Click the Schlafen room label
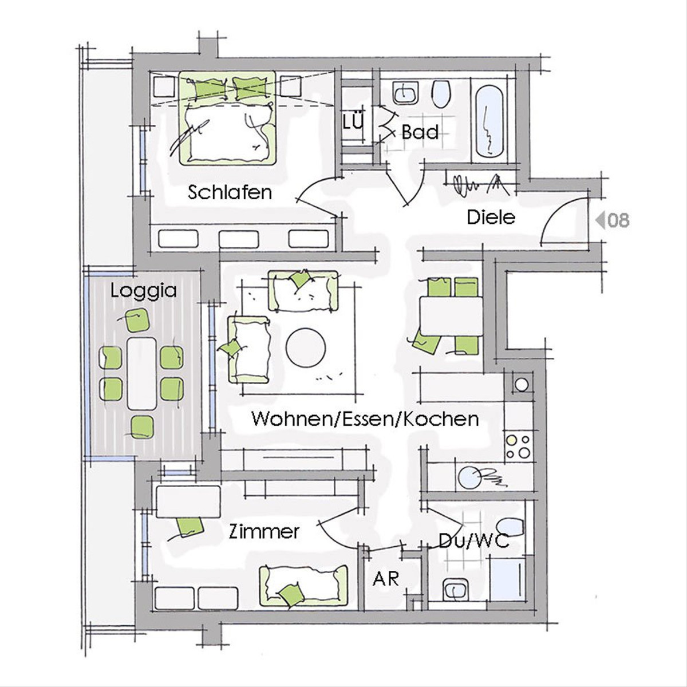[230, 193]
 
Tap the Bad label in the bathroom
[420, 132]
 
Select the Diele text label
[491, 218]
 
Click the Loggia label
[143, 291]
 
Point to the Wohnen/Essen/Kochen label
[365, 419]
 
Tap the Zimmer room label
[264, 532]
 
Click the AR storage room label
[386, 579]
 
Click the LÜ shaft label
[353, 122]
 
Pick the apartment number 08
[618, 220]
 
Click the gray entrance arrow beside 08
[600, 220]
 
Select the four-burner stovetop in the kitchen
[518, 447]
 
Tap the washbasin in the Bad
[405, 93]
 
